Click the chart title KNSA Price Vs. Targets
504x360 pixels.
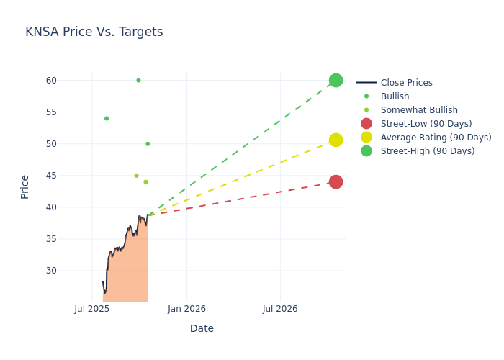(94, 32)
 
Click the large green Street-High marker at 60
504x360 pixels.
(336, 80)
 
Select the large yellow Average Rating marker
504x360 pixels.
(336, 140)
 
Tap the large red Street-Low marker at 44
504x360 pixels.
(336, 182)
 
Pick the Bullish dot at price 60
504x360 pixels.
(138, 81)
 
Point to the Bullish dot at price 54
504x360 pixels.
(107, 118)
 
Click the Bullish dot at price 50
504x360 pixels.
(148, 144)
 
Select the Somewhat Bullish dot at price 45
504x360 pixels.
(136, 176)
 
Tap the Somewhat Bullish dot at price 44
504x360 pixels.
(145, 182)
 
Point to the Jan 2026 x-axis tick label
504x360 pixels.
(186, 309)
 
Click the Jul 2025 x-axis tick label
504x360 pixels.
(92, 309)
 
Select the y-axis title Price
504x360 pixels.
(25, 186)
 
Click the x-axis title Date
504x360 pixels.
(202, 329)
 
